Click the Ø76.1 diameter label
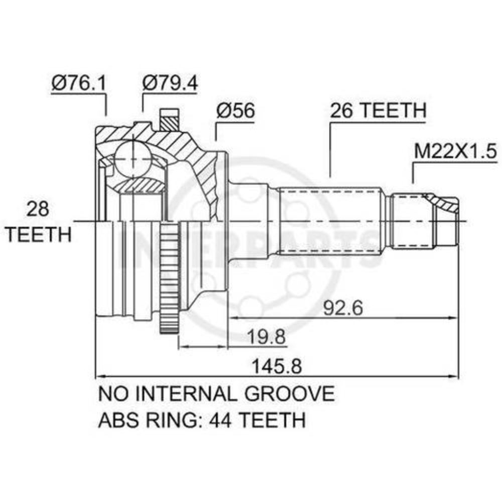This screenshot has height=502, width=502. click(x=78, y=83)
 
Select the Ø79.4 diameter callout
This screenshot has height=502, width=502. click(x=170, y=83)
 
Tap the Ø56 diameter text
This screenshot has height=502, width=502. click(x=235, y=110)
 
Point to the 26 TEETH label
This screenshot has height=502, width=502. click(x=378, y=110)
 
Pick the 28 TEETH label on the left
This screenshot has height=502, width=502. click(x=39, y=221)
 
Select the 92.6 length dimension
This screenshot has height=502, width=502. click(x=343, y=308)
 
